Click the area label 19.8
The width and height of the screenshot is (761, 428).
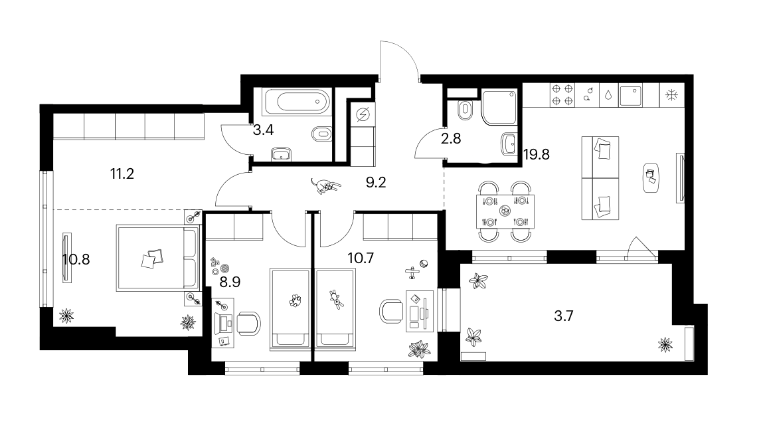pos(537,154)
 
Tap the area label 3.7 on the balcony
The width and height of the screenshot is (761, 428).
pos(564,316)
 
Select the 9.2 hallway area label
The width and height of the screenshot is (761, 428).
pos(376,183)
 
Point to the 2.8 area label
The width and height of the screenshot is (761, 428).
pos(451,139)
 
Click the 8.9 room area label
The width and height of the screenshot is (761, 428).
pos(230,282)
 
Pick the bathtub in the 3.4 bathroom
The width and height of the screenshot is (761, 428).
pos(297,102)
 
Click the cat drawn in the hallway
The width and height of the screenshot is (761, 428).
pos(325,186)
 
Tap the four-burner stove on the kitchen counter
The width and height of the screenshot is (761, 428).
pos(562,95)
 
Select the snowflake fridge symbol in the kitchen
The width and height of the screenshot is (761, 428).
pos(672,95)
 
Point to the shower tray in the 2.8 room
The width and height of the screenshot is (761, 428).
pos(499,106)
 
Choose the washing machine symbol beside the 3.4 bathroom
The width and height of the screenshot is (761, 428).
pos(363,115)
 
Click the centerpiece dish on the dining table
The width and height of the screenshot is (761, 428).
pos(505,211)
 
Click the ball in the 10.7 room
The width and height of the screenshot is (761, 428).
pos(424,264)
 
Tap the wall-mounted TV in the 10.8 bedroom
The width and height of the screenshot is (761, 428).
pos(66,257)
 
